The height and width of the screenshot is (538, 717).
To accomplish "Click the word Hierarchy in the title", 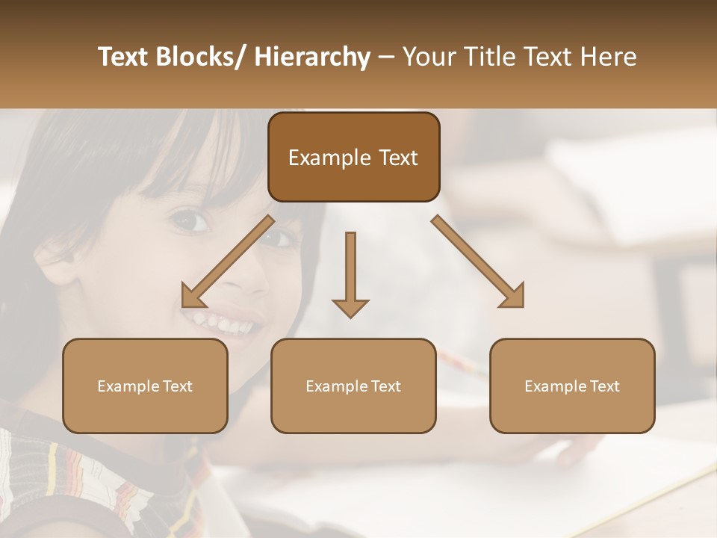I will click(x=312, y=58).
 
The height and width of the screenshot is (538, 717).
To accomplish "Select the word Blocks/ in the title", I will click(x=201, y=58).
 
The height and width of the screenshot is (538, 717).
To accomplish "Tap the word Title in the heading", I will click(x=485, y=58).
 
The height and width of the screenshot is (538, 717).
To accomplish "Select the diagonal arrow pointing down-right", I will click(x=478, y=262).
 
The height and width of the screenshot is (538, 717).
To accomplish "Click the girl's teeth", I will click(x=225, y=324).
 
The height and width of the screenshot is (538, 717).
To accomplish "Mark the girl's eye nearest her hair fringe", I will click(x=190, y=220).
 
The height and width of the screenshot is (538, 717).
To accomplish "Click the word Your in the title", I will click(x=428, y=58).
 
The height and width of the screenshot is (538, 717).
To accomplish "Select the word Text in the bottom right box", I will click(x=603, y=386).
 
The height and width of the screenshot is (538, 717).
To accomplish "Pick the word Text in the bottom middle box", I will click(x=385, y=386).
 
